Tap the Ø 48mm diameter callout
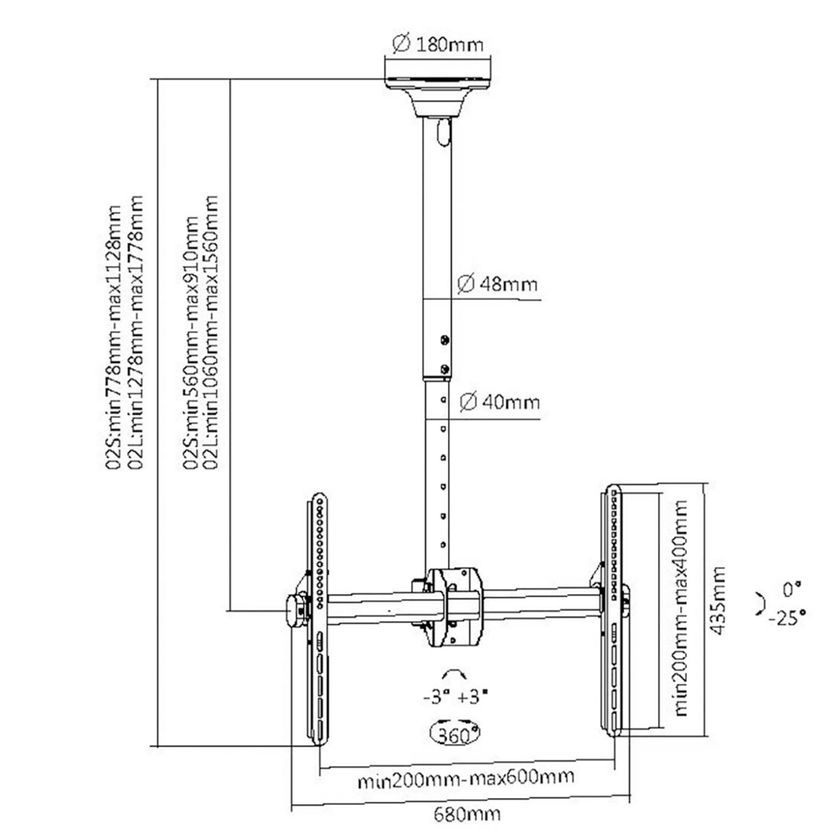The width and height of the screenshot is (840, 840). pos(497,284)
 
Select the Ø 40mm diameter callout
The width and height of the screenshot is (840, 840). pos(500,401)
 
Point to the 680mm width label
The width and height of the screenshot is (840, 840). pos(467,814)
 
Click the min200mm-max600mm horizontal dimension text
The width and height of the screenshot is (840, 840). pos(466,779)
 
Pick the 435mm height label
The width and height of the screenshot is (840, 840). pos(718,600)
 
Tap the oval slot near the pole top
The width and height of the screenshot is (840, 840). pos(443,133)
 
